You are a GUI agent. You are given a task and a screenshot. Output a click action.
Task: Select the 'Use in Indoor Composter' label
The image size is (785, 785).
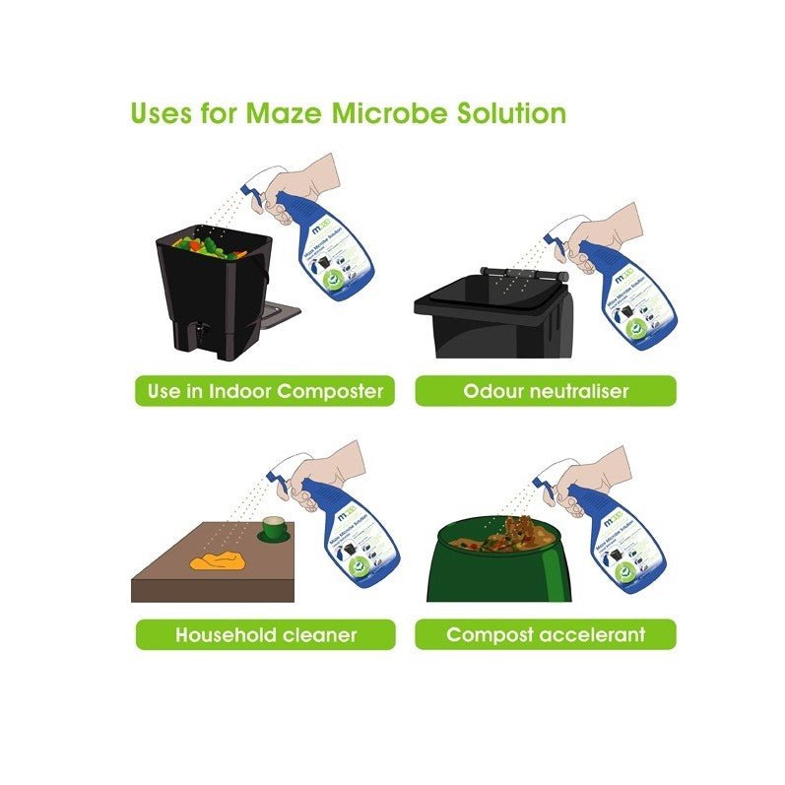pyautogui.click(x=265, y=391)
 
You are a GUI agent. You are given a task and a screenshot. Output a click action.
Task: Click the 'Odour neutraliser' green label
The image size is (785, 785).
pyautogui.click(x=545, y=391)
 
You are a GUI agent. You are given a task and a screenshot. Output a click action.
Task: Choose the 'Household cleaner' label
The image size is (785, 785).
pyautogui.click(x=265, y=634)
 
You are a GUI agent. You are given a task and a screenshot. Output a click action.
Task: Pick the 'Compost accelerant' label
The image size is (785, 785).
pyautogui.click(x=545, y=634)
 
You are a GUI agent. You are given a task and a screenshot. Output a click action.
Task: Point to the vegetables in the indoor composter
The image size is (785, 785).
pyautogui.click(x=210, y=247)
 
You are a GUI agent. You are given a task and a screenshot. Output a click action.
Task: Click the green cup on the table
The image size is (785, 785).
pyautogui.click(x=273, y=532)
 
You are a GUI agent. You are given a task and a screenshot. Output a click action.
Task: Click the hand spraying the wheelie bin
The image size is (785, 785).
pyautogui.click(x=611, y=231)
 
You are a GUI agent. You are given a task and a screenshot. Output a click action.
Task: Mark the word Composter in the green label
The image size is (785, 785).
pyautogui.click(x=330, y=391)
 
